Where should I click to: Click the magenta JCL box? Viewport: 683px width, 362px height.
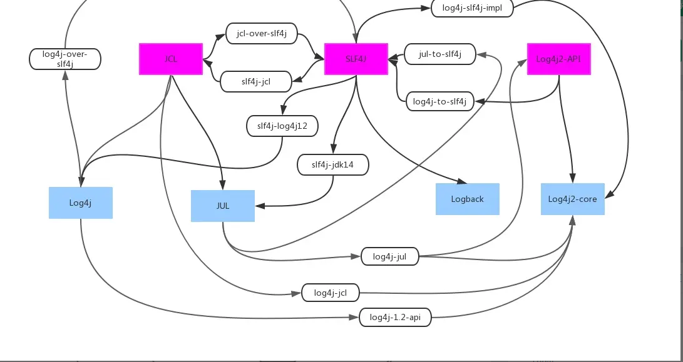pos(170,59)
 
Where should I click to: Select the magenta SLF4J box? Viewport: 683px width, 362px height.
pos(356,59)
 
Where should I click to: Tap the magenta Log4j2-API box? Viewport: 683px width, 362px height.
pos(558,59)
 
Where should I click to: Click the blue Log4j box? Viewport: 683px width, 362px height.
pos(81,203)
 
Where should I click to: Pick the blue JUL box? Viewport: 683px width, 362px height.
pos(222,206)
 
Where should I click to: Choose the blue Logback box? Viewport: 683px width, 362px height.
pos(467,199)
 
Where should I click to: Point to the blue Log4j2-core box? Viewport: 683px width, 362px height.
pos(572,199)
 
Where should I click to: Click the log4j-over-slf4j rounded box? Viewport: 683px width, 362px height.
pos(65,59)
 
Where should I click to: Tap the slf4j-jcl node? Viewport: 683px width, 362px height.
pos(256,81)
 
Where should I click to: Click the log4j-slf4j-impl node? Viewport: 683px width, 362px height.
pos(473,8)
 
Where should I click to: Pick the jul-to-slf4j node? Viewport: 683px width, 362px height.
pos(440,54)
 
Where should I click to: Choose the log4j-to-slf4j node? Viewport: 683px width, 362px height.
pos(439,101)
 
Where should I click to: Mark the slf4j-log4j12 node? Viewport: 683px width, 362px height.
pos(282,126)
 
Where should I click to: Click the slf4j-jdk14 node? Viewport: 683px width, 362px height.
pos(332,165)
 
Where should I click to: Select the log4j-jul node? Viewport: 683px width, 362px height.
pos(389,256)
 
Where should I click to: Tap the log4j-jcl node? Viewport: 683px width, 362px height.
pos(330,293)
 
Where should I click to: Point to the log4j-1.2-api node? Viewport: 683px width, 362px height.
pos(395,318)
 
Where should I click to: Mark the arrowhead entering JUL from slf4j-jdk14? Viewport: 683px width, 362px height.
pos(259,206)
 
